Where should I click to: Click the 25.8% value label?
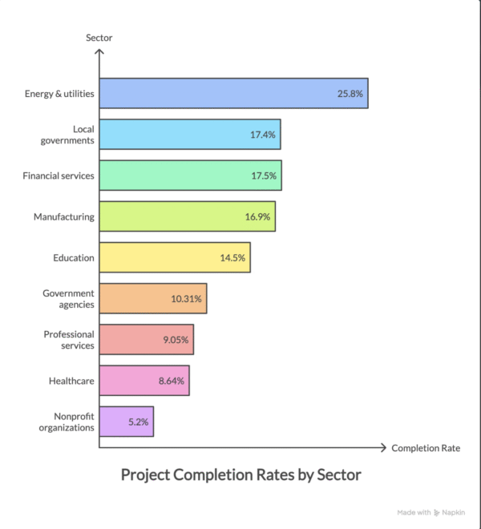(x=350, y=94)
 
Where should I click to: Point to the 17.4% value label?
(x=263, y=135)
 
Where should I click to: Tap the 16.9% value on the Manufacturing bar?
(x=258, y=216)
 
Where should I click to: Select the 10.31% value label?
(x=187, y=299)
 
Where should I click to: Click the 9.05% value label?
(x=176, y=340)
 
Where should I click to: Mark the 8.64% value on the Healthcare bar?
(x=172, y=381)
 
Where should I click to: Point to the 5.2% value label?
(x=138, y=422)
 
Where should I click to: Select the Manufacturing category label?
(x=64, y=216)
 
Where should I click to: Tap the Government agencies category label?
(x=68, y=299)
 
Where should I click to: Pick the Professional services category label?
(x=69, y=340)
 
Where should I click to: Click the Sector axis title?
(x=99, y=38)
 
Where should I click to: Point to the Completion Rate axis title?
(x=426, y=447)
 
